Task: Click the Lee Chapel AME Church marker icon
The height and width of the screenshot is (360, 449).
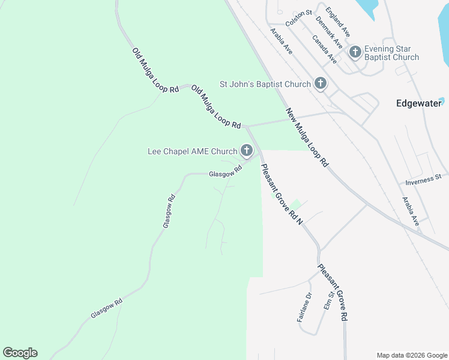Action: tap(246, 151)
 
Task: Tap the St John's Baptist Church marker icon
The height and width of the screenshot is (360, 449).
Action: tap(321, 84)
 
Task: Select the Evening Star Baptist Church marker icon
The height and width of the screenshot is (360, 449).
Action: tap(355, 52)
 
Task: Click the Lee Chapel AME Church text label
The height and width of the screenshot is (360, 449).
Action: tap(192, 151)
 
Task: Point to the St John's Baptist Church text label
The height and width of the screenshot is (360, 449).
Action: tap(265, 84)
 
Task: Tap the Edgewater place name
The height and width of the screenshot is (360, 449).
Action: tap(418, 103)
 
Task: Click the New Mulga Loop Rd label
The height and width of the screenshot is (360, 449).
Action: tap(308, 137)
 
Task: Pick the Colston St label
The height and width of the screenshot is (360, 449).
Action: tap(299, 17)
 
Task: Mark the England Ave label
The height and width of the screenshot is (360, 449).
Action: tap(337, 22)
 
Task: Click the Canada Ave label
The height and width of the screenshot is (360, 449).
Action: tap(324, 49)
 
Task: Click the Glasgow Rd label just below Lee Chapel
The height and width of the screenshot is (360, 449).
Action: tap(225, 172)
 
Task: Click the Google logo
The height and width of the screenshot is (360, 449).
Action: tap(20, 353)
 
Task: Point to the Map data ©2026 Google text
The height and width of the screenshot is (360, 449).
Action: tap(412, 355)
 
